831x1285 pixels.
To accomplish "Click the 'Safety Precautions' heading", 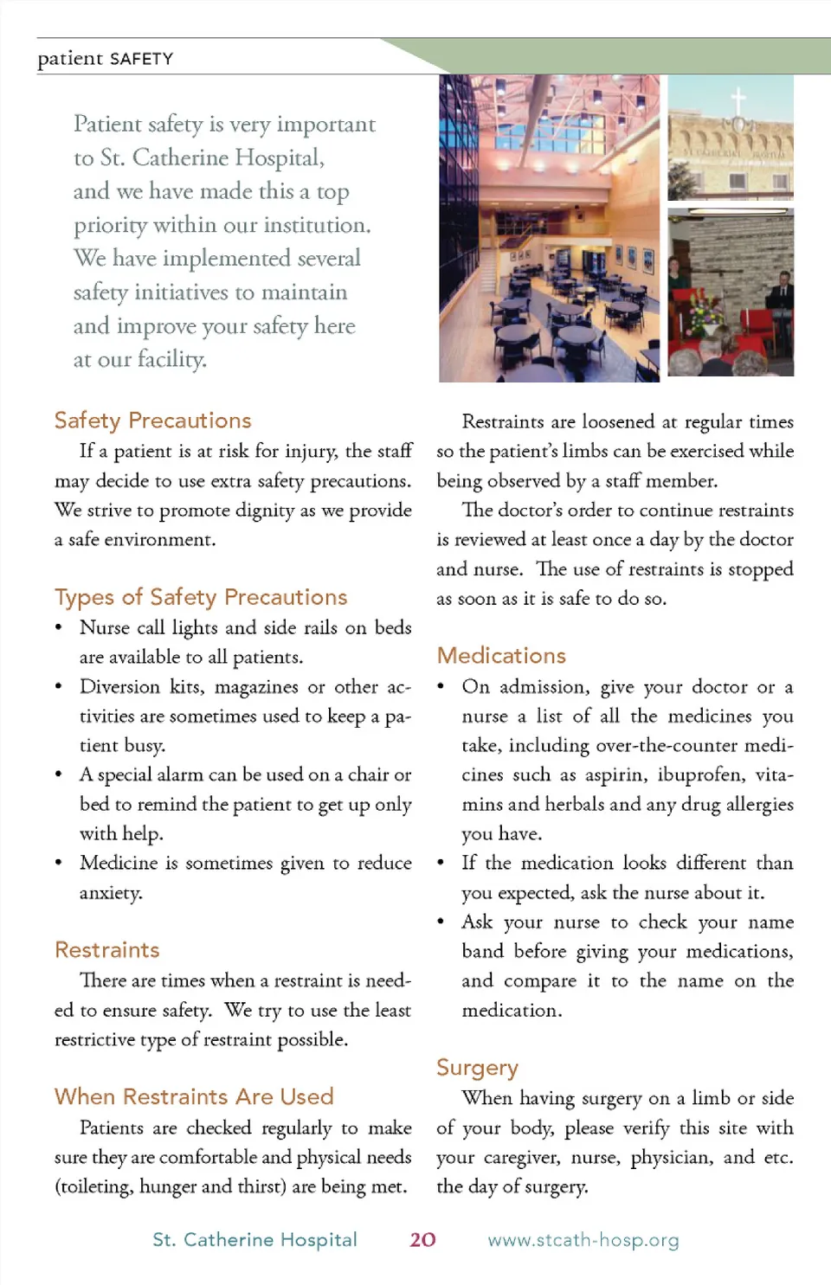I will click(x=152, y=421).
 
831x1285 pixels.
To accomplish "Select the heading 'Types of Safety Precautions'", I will click(x=201, y=597).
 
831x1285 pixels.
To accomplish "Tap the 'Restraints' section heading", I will click(x=107, y=950).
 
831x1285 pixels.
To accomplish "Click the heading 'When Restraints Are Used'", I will click(x=194, y=1097).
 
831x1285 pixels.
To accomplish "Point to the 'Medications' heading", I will click(x=501, y=656).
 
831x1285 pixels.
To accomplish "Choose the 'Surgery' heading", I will click(x=477, y=1068).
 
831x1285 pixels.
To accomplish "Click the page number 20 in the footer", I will click(x=422, y=1240).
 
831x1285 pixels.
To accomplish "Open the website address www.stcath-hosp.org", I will click(x=583, y=1240).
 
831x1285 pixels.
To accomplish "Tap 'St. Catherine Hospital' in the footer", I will click(x=254, y=1240).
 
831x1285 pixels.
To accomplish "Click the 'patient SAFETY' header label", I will click(x=106, y=59).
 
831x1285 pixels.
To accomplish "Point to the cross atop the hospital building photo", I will click(x=738, y=99).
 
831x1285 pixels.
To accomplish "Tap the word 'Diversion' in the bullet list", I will click(x=120, y=687).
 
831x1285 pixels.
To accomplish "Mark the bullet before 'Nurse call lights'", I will click(x=59, y=628).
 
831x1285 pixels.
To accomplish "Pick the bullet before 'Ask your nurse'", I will click(x=441, y=922).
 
